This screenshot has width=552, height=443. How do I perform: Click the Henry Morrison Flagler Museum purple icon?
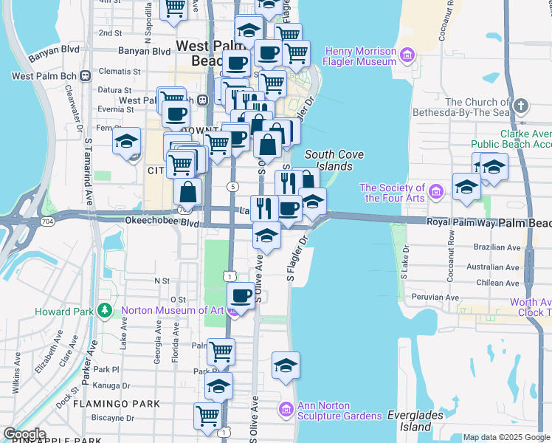[x=405, y=55]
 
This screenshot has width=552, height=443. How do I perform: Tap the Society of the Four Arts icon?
[x=436, y=193]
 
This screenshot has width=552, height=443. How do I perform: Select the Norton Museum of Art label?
[x=173, y=311]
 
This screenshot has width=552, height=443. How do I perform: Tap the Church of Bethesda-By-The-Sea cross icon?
[x=521, y=105]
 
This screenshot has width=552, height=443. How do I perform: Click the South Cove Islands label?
[x=334, y=160]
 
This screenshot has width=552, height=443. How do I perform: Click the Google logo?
[x=24, y=434]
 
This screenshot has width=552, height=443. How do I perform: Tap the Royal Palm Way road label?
[x=460, y=221]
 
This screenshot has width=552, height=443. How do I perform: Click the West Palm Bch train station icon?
[x=86, y=75]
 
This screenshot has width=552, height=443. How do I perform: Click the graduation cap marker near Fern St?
[x=126, y=140]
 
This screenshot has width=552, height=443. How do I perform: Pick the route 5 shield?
[x=232, y=186]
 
